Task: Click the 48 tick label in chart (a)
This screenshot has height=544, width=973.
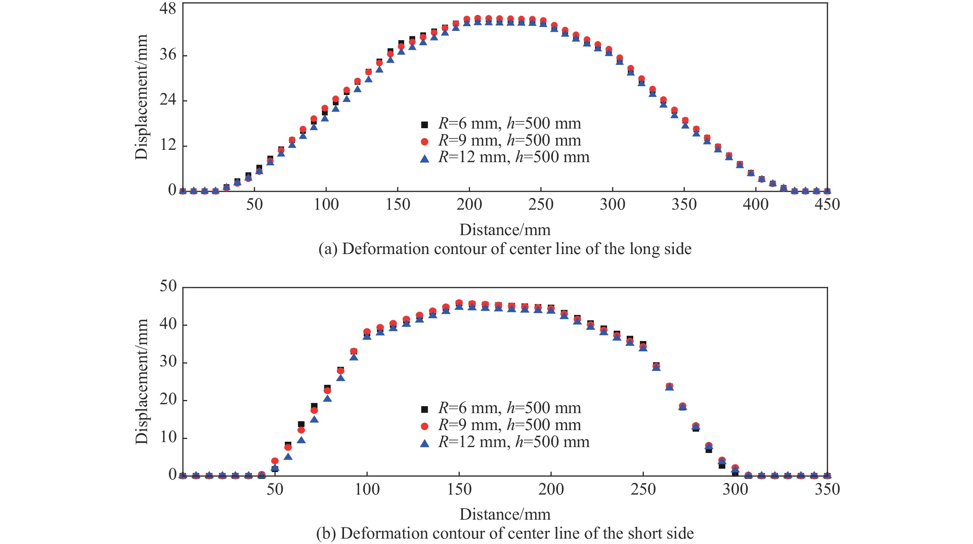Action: (168, 8)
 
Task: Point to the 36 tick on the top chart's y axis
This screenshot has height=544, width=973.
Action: (168, 54)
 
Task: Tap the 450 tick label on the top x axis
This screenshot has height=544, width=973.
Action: (827, 204)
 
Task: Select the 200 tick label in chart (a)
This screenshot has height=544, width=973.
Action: (469, 204)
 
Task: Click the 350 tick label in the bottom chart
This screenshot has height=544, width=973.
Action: (827, 489)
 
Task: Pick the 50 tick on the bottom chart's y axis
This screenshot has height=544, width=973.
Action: (168, 286)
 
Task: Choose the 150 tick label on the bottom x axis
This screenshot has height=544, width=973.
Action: (459, 489)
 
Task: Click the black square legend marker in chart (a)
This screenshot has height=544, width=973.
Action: (424, 125)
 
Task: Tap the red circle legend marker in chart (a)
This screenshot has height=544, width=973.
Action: (424, 142)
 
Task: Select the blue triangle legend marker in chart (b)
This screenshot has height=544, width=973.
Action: (424, 444)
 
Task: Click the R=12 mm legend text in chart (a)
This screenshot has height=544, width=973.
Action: (514, 157)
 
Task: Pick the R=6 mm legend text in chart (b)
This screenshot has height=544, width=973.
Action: (509, 408)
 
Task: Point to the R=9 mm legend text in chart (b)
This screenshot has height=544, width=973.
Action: (509, 425)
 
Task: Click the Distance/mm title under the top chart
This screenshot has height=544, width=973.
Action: (505, 230)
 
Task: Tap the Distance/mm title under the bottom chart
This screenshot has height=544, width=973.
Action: (505, 514)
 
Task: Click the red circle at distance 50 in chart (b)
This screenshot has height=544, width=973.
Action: (275, 461)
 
